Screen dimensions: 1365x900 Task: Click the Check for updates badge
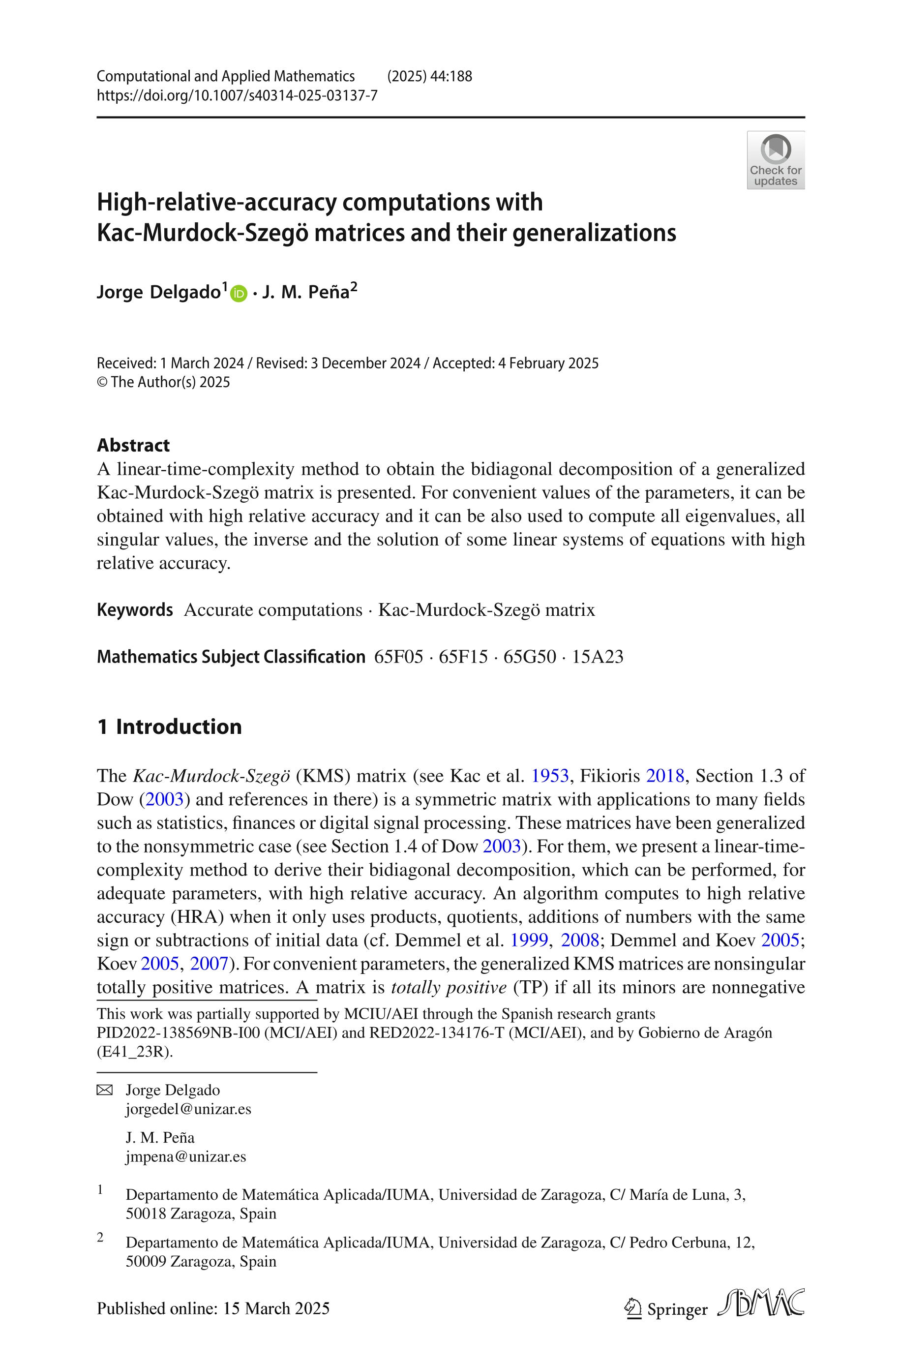[x=775, y=160]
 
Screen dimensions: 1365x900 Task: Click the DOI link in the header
[x=237, y=95]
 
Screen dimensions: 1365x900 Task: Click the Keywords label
[x=135, y=609]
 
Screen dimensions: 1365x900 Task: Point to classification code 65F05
[x=398, y=656]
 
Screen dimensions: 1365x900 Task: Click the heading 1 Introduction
[x=169, y=726]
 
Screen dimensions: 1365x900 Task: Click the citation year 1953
[x=549, y=776]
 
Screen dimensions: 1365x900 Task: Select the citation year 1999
[x=529, y=940]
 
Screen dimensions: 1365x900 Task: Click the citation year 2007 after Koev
[x=209, y=963]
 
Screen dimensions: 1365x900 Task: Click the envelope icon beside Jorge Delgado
[x=104, y=1090]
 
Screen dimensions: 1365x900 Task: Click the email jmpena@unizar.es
[x=185, y=1156]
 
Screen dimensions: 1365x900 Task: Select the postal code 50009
[x=146, y=1261]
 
